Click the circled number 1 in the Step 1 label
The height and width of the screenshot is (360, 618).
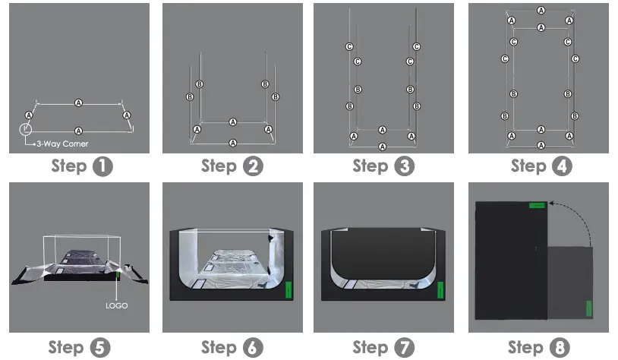click(x=102, y=167)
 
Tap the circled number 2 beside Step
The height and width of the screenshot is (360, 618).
click(x=253, y=167)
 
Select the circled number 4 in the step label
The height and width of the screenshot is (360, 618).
click(x=562, y=167)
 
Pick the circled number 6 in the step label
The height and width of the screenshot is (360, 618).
click(x=253, y=348)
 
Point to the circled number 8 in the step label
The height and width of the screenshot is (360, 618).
click(x=560, y=348)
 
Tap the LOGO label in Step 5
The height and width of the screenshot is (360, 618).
click(x=117, y=305)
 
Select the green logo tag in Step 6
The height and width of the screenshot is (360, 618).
click(x=289, y=291)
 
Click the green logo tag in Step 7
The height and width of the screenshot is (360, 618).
click(x=440, y=291)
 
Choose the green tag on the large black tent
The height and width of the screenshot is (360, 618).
click(x=537, y=204)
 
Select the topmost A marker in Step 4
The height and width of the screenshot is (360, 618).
click(x=541, y=11)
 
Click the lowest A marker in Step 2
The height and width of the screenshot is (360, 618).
click(x=233, y=143)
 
